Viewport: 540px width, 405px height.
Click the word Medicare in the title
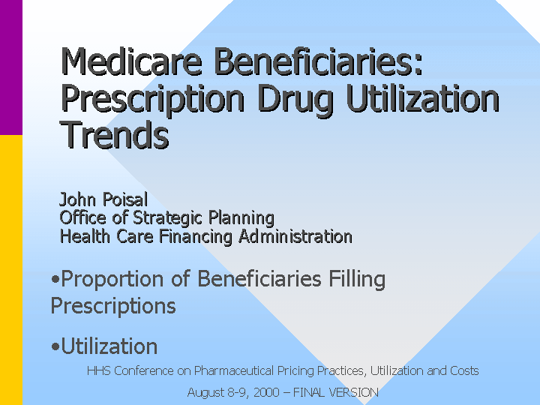click(x=131, y=61)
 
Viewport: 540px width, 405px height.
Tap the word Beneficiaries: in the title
click(x=318, y=61)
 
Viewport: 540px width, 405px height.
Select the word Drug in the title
click(x=295, y=99)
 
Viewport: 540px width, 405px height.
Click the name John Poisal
click(x=103, y=199)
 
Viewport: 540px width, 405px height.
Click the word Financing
click(x=196, y=237)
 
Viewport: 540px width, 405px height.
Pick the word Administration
click(x=295, y=236)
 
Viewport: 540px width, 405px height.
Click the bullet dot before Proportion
click(x=55, y=279)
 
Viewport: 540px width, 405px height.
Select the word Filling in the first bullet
click(x=357, y=280)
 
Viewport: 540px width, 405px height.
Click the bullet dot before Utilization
click(x=55, y=346)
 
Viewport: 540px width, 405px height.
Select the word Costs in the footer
click(x=464, y=371)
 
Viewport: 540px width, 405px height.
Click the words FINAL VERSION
click(x=336, y=392)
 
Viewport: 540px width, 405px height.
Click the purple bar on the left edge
click(x=11, y=67)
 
